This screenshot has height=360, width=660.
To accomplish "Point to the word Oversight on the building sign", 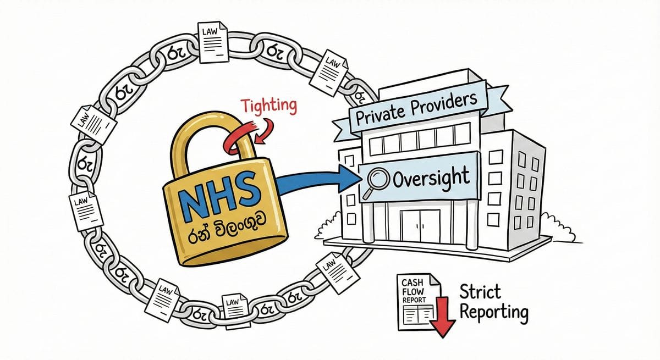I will (432, 177).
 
